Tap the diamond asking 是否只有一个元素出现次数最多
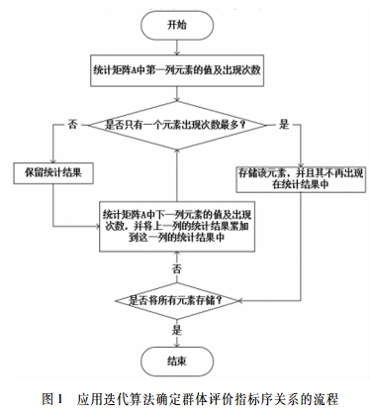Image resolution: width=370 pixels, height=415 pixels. [x=176, y=126]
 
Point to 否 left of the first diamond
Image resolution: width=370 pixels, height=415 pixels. [x=72, y=124]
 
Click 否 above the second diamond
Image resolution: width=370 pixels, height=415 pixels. [x=177, y=268]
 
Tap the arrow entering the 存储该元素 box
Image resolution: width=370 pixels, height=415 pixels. [x=300, y=149]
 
